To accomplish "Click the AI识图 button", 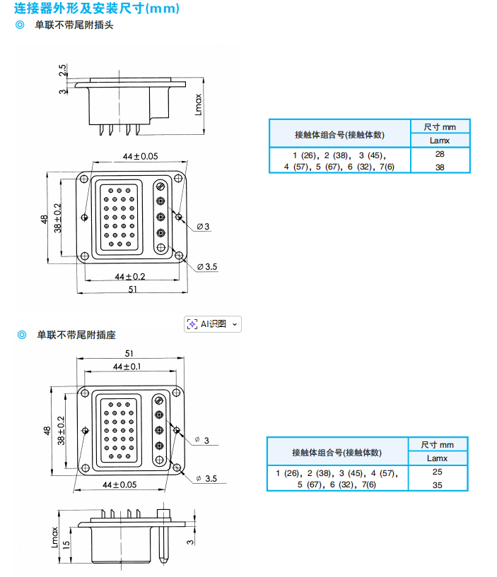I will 212,324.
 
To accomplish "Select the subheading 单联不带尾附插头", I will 74,25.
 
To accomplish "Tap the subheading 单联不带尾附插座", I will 76,335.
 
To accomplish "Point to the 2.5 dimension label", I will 63,71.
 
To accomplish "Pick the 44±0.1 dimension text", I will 127,367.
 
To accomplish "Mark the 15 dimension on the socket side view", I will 66,545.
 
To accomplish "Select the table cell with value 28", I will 440,154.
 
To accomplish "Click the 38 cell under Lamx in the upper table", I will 440,167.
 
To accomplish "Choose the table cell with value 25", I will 438,471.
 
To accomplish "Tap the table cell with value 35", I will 438,485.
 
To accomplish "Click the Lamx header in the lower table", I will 438,458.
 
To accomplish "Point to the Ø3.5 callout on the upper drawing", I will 207,266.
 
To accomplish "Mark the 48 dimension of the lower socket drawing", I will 47,430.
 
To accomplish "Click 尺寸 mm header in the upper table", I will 440,126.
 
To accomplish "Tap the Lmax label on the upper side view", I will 199,105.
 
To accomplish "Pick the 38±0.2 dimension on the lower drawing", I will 62,431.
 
